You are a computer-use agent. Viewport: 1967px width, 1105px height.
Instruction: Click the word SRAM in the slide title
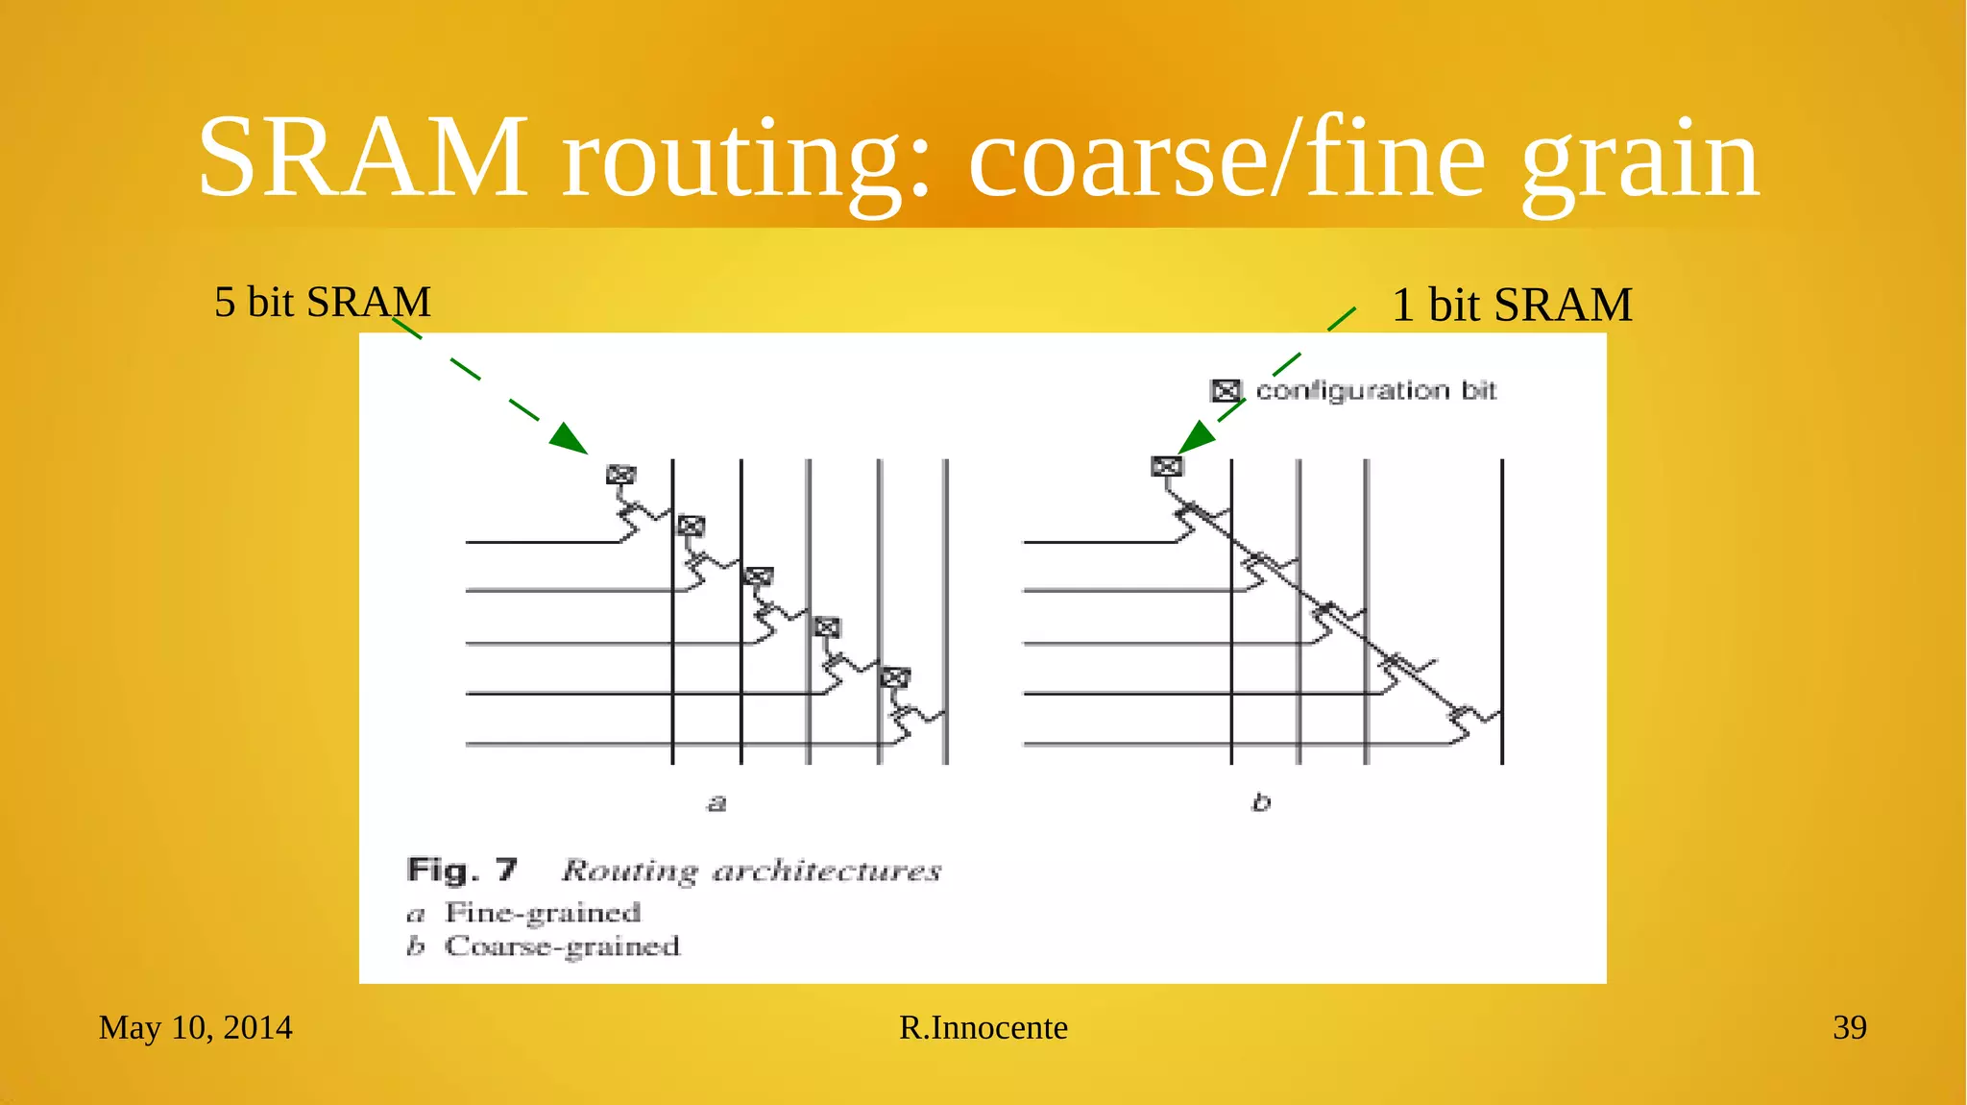tap(362, 157)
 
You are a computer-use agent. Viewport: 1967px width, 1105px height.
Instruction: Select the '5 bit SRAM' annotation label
tap(322, 302)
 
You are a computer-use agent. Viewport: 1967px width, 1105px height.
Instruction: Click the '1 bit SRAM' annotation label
tap(1512, 305)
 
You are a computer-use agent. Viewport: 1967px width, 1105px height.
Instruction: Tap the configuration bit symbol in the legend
tap(1226, 391)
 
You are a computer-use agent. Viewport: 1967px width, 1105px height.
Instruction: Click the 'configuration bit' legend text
tap(1376, 390)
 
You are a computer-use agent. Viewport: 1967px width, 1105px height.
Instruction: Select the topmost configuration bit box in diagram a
tap(620, 475)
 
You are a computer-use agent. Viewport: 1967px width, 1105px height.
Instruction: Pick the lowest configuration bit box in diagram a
tap(895, 677)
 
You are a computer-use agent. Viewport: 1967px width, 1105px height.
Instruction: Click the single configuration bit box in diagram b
tap(1166, 467)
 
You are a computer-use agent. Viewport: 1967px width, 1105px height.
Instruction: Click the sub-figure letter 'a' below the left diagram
tap(716, 802)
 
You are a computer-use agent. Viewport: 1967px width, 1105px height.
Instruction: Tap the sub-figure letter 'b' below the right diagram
tap(1261, 802)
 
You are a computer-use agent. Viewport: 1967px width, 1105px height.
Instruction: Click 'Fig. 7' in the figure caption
tap(462, 871)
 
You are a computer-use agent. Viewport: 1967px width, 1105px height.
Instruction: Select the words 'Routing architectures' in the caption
tap(751, 871)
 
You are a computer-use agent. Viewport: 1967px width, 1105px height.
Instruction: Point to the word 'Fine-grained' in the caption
tap(543, 912)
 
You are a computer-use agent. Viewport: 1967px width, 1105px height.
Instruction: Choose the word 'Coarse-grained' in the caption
tap(562, 946)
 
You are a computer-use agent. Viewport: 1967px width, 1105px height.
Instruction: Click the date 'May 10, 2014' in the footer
tap(195, 1027)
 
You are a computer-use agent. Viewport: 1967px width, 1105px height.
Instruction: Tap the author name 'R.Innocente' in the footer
tap(983, 1027)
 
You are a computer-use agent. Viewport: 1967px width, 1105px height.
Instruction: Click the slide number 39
tap(1849, 1027)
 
